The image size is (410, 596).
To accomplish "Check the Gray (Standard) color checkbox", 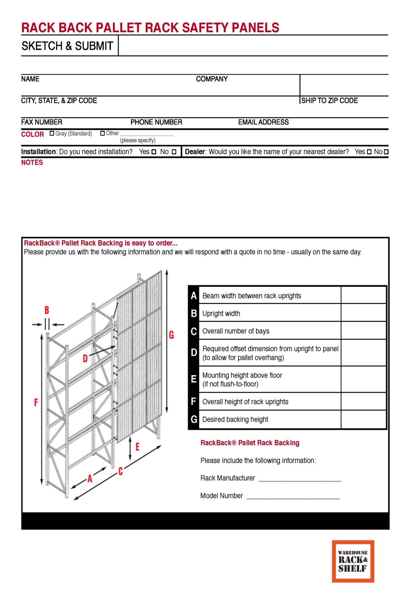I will click(52, 133).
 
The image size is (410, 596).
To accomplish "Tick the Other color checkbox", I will click(102, 133).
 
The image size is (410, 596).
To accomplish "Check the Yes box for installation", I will click(154, 152).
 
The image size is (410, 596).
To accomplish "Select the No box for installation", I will click(174, 152).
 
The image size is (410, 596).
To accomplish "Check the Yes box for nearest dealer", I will click(369, 152).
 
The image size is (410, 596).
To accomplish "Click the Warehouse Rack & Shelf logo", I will click(353, 561).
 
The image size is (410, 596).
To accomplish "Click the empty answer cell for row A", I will click(363, 296).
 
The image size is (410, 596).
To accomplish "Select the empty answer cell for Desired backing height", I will click(363, 419).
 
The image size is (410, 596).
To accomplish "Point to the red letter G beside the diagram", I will click(171, 335).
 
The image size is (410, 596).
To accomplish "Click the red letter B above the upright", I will click(47, 310).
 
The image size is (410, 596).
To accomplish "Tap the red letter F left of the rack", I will click(36, 402).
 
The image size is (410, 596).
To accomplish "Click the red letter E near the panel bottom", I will click(137, 447).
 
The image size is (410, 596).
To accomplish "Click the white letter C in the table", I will click(194, 331).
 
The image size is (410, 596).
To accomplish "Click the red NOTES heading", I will click(32, 163).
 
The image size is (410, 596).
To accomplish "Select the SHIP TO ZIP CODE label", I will click(329, 100).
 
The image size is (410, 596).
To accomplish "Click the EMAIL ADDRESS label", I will click(263, 122).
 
